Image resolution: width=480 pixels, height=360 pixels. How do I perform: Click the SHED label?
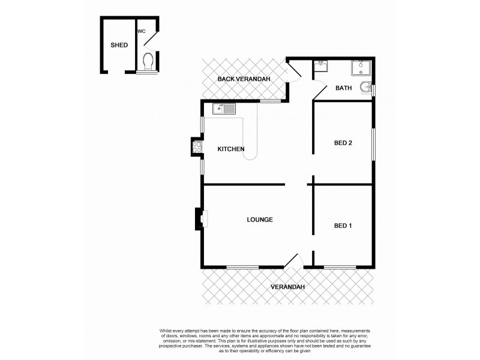click(x=119, y=45)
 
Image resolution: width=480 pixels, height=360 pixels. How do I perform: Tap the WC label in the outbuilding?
click(x=142, y=31)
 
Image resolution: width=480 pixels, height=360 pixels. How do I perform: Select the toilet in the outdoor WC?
click(x=148, y=61)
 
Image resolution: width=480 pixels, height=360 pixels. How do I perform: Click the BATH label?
click(x=343, y=88)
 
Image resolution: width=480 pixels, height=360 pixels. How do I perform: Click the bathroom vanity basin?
click(x=321, y=65)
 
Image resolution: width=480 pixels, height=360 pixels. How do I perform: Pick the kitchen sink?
click(x=224, y=109)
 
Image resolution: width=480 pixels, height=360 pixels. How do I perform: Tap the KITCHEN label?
click(x=230, y=149)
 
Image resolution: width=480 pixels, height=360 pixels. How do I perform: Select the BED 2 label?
click(x=343, y=143)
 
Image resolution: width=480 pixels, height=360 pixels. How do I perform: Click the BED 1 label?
click(x=343, y=226)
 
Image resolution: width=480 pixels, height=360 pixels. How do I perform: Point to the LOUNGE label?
click(x=260, y=220)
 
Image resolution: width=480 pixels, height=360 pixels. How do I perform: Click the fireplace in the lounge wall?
click(x=199, y=219)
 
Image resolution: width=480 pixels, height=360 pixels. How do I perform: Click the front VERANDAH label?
click(x=287, y=287)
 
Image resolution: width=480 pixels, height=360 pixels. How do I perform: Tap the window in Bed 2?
click(x=373, y=143)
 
